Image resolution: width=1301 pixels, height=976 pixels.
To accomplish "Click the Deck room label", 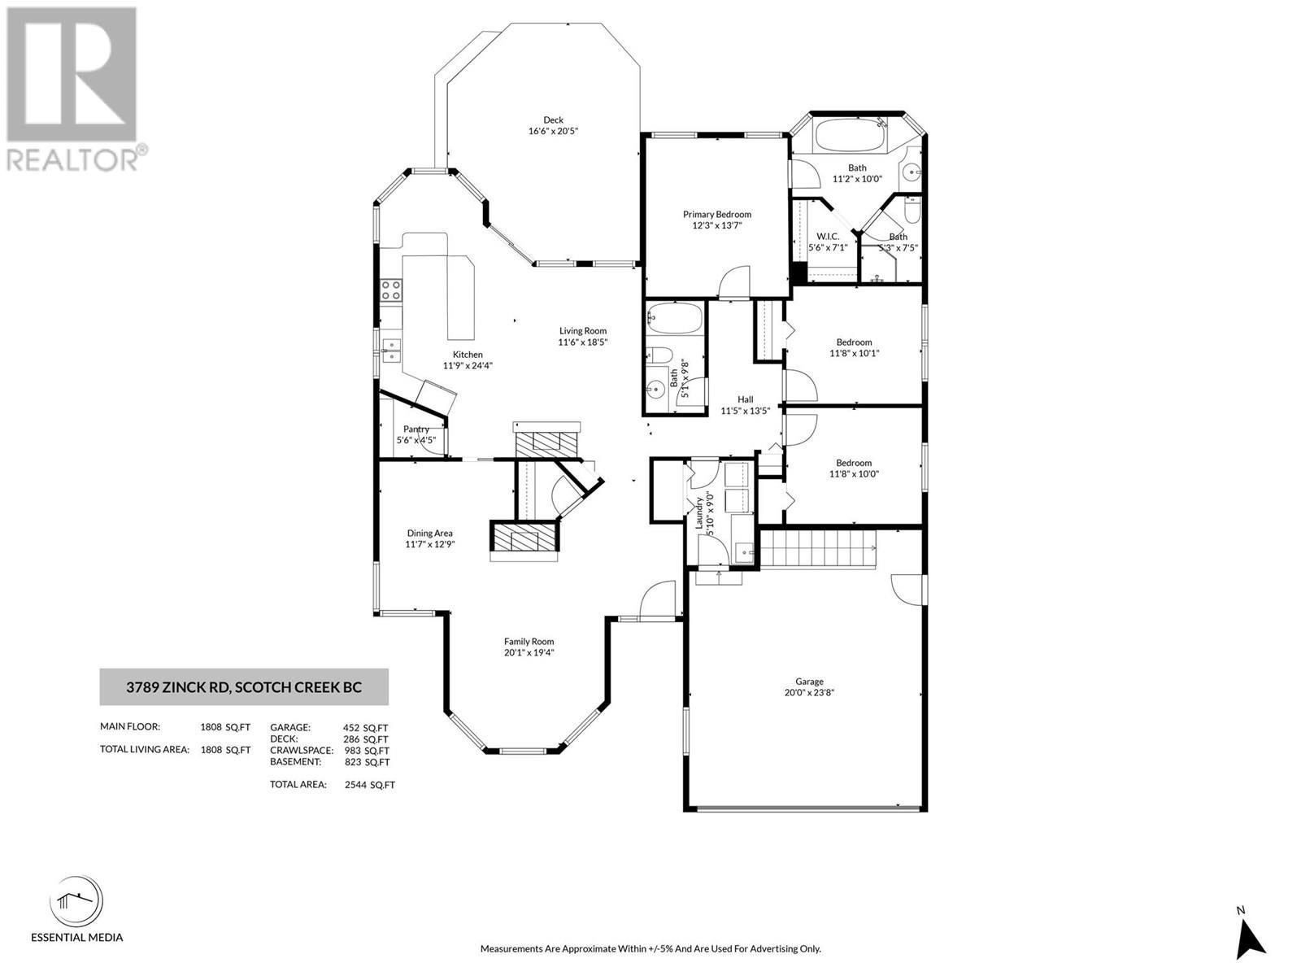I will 553,120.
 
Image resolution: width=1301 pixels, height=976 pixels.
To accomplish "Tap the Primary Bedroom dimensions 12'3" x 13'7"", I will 716,225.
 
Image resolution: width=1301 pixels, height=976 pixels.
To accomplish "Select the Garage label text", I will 809,682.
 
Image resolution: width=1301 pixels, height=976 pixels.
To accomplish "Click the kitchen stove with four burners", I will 391,290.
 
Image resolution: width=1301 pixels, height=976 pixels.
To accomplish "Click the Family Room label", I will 529,641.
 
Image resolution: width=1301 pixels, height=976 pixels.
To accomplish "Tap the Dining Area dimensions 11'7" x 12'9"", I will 430,544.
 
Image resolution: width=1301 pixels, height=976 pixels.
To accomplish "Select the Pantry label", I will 416,429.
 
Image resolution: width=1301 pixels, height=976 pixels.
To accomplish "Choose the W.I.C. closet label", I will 828,236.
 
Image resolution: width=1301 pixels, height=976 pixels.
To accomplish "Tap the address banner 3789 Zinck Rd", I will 244,687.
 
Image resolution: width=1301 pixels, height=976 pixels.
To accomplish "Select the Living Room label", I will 582,330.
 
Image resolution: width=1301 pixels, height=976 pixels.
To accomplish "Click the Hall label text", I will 745,399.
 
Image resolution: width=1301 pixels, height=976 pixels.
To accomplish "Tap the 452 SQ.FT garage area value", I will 366,728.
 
